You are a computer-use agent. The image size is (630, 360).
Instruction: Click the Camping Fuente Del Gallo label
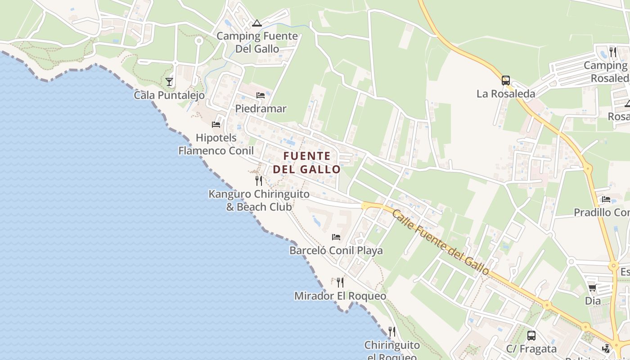coord(257,42)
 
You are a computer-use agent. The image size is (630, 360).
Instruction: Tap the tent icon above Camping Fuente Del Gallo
coord(257,23)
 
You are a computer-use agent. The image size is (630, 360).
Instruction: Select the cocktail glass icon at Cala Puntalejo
coord(169,81)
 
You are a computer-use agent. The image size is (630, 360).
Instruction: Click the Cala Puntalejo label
coord(169,95)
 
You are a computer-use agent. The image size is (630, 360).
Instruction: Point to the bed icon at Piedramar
coord(261,95)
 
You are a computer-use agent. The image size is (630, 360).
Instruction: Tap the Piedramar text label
coord(261,109)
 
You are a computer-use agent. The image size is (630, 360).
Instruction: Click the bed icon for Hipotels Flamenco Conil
coord(216,125)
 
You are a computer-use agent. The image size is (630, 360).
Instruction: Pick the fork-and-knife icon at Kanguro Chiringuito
coord(259,181)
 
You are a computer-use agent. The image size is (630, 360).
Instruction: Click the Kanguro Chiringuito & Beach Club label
coord(259,201)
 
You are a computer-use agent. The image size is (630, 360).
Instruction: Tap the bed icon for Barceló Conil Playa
coord(336,237)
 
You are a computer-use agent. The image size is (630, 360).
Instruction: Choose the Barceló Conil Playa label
coord(336,251)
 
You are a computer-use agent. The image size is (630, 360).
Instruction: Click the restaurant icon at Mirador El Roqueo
coord(340,283)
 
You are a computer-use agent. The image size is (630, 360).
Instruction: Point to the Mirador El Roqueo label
coord(340,296)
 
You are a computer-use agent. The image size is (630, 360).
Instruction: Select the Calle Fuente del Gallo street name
coord(440,242)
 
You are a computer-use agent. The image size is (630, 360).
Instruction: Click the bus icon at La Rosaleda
coord(506,81)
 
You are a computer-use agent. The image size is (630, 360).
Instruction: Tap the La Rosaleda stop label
coord(506,94)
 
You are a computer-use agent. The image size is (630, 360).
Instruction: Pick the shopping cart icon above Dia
coord(592,288)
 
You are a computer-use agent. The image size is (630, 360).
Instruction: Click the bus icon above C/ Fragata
coord(531,335)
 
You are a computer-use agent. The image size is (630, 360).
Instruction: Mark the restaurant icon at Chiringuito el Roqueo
coord(392,332)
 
